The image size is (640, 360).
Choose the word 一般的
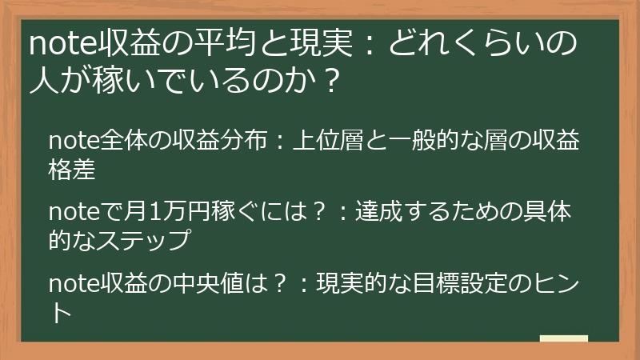tap(424, 142)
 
